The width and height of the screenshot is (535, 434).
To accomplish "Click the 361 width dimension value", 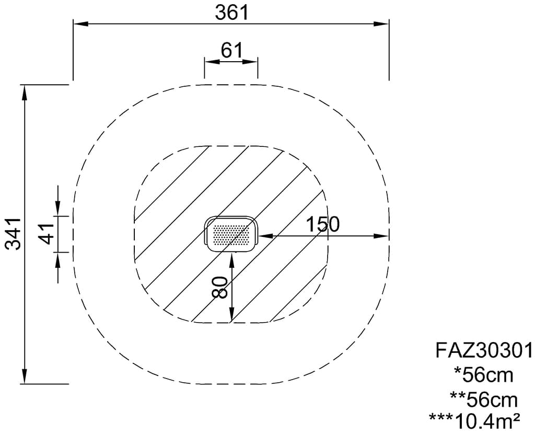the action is coord(231,13).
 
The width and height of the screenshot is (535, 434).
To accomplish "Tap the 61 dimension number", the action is coord(231,51).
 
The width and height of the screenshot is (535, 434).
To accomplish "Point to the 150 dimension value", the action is coord(322,224).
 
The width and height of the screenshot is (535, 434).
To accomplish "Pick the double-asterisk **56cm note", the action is coord(483,399).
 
